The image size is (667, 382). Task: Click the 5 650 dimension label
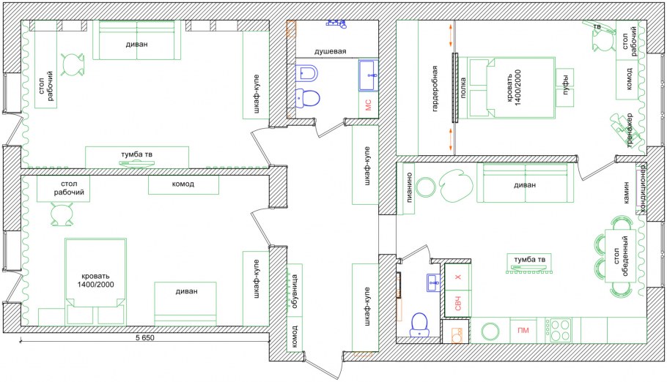pyautogui.click(x=145, y=338)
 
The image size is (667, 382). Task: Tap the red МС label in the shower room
pyautogui.click(x=369, y=105)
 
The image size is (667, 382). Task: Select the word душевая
pyautogui.click(x=330, y=51)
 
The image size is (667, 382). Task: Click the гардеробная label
pyautogui.click(x=435, y=89)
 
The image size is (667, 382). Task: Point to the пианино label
pyautogui.click(x=409, y=187)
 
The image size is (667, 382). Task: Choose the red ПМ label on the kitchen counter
pyautogui.click(x=523, y=330)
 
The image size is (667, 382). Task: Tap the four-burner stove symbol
pyautogui.click(x=559, y=330)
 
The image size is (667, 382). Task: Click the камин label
pyautogui.click(x=626, y=192)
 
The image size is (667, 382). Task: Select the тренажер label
pyautogui.click(x=630, y=130)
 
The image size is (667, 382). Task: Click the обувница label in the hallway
pyautogui.click(x=295, y=291)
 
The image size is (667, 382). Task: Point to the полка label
pyautogui.click(x=463, y=88)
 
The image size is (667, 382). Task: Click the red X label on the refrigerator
pyautogui.click(x=458, y=277)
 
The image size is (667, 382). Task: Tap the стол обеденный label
pyautogui.click(x=621, y=256)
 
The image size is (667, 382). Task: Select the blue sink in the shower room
pyautogui.click(x=368, y=75)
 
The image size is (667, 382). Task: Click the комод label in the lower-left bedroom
pyautogui.click(x=183, y=184)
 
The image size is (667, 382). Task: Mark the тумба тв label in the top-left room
pyautogui.click(x=136, y=154)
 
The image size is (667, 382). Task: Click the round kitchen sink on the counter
pyautogui.click(x=490, y=331)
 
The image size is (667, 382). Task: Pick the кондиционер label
pyautogui.click(x=642, y=188)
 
